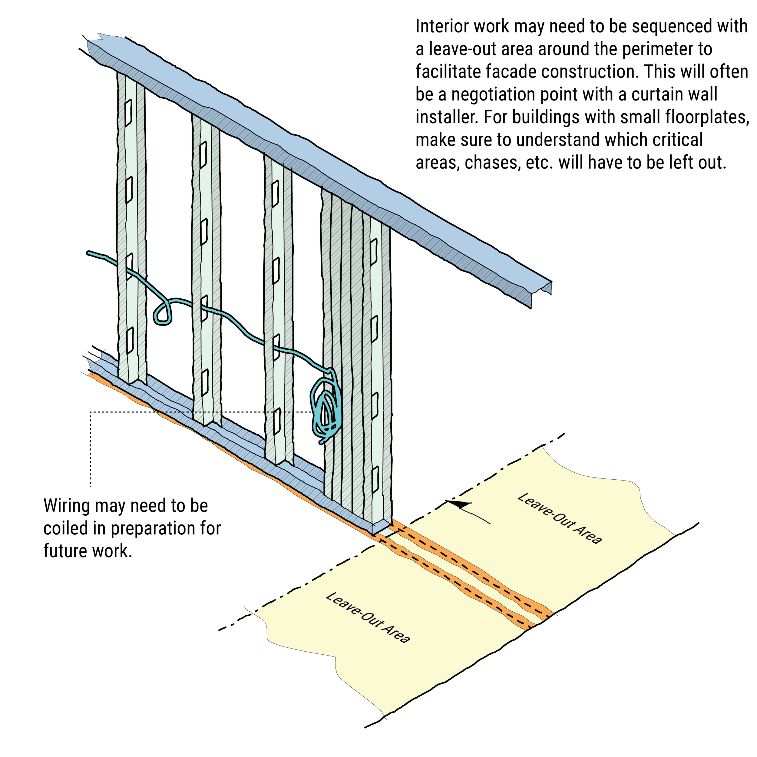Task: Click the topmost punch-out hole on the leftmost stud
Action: click(128, 113)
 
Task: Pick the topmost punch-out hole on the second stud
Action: click(203, 155)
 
